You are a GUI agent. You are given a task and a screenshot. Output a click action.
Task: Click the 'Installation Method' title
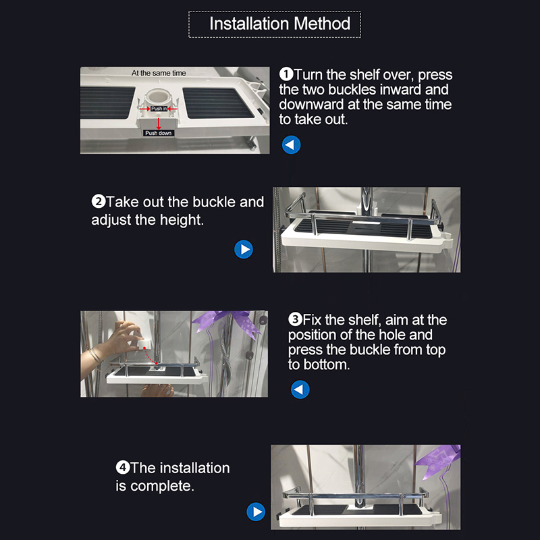point(279,24)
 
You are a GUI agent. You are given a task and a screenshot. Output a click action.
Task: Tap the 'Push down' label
point(159,133)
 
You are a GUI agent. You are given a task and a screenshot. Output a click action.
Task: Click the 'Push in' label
point(159,109)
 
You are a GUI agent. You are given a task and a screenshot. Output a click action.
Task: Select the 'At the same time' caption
point(159,73)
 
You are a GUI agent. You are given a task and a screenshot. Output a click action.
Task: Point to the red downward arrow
point(159,124)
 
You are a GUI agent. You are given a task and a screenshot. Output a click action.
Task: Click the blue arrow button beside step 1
point(292,144)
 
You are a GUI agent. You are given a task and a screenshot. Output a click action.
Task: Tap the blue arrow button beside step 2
point(244,249)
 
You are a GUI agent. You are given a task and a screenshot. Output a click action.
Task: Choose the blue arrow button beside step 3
point(300,389)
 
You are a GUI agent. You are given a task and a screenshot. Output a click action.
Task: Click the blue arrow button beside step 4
point(256,512)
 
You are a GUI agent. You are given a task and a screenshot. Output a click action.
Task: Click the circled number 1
point(286,74)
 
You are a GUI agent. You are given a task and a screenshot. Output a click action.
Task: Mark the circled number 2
point(98,201)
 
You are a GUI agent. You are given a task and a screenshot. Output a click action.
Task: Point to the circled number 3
point(295,319)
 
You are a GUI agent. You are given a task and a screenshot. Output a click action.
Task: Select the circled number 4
point(123,468)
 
